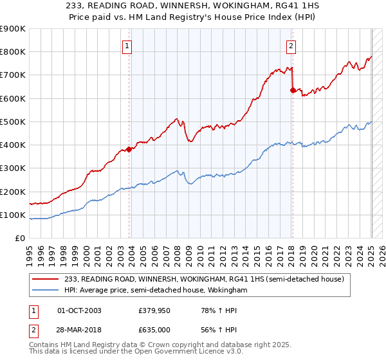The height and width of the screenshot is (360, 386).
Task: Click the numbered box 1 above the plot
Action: (127, 46)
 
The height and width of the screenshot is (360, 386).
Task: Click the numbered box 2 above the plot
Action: (291, 46)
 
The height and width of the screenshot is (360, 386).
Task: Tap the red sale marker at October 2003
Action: (129, 149)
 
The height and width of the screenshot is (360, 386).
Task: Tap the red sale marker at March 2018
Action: (293, 90)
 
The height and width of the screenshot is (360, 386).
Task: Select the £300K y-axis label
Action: (13, 168)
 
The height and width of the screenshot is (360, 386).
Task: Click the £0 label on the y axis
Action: (19, 239)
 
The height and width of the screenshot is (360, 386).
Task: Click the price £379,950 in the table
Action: (153, 311)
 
